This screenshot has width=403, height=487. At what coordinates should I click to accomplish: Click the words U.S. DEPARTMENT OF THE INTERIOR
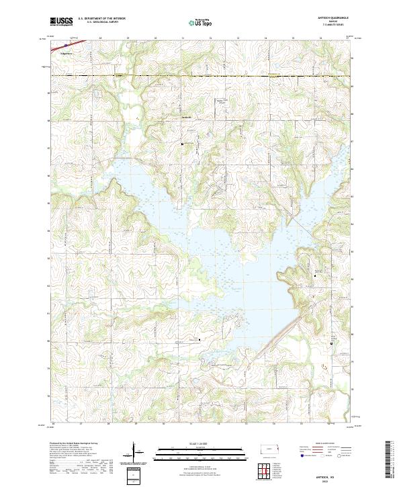[103, 19]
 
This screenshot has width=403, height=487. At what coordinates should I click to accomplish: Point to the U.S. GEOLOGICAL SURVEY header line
[103, 23]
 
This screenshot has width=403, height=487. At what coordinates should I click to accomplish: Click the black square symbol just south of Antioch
[182, 144]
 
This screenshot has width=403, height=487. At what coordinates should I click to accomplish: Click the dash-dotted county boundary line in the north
[201, 77]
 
